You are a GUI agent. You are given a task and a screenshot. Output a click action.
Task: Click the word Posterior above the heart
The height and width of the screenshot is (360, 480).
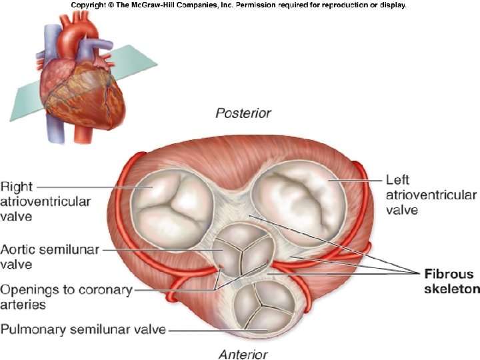pyautogui.click(x=243, y=113)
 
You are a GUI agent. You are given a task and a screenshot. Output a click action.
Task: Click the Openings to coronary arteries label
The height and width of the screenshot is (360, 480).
pyautogui.click(x=67, y=297)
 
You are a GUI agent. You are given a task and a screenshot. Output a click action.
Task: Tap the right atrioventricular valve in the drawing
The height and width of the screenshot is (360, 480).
pyautogui.click(x=173, y=199)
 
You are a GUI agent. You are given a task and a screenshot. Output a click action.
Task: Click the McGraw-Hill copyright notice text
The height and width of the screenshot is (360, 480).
pyautogui.click(x=238, y=5)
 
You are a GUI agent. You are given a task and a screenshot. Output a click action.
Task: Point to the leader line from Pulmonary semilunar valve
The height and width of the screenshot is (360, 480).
pyautogui.click(x=213, y=329)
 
